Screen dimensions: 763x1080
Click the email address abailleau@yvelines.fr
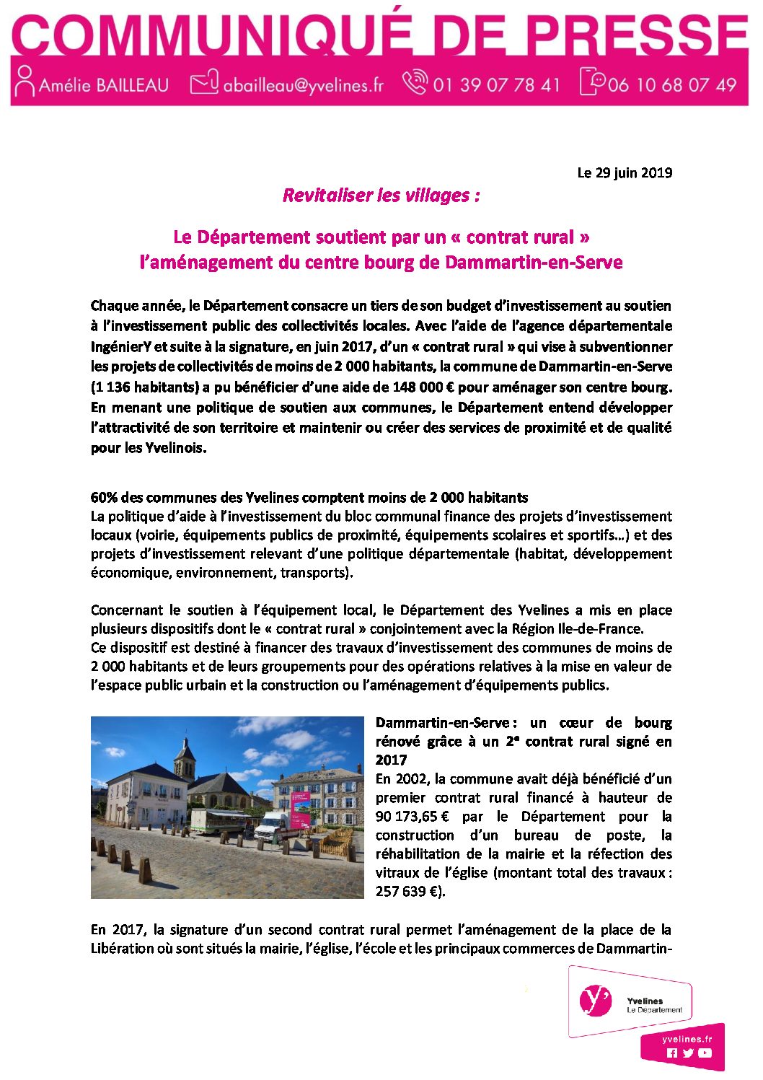click(x=303, y=85)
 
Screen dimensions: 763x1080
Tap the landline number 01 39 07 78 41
click(x=496, y=85)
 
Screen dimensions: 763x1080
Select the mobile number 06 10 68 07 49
click(x=671, y=85)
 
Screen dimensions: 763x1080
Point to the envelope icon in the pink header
click(x=204, y=83)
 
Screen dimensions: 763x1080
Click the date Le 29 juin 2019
click(x=625, y=172)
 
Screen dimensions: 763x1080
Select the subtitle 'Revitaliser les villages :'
click(x=381, y=196)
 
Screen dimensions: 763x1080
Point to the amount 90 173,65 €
click(x=413, y=817)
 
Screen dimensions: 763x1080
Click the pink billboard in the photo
click(x=301, y=806)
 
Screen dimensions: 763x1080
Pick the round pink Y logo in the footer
click(x=595, y=1001)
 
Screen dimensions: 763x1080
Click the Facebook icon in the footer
click(x=672, y=1053)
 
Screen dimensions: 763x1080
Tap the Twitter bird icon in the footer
click(x=688, y=1053)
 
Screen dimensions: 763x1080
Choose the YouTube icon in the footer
click(x=705, y=1053)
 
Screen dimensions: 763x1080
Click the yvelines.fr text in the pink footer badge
click(x=687, y=1039)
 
